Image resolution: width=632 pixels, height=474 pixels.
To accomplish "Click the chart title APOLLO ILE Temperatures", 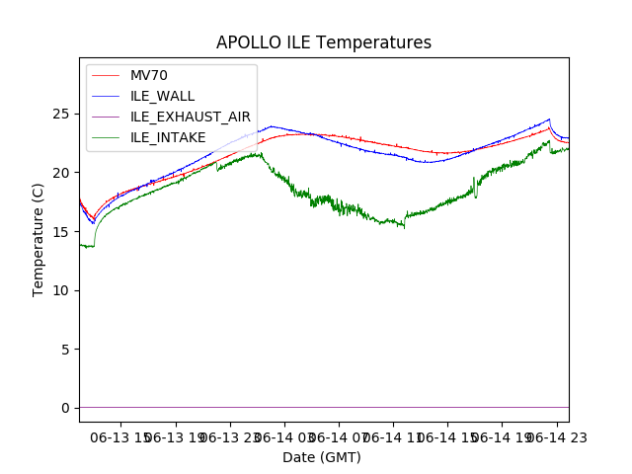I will [324, 43].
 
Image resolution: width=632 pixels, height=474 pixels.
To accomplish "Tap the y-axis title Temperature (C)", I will [39, 239].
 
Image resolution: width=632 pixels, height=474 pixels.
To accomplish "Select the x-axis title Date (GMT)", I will [322, 457].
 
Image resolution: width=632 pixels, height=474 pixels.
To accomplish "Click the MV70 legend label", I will [149, 75].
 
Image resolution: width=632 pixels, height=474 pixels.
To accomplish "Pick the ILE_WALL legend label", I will [163, 96].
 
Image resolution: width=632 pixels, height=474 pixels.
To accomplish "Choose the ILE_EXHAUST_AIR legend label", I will [191, 117].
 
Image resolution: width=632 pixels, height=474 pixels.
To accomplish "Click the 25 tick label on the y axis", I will [62, 115].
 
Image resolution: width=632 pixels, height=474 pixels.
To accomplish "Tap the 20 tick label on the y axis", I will [62, 173].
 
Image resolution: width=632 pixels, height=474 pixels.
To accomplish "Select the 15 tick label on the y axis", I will [62, 232].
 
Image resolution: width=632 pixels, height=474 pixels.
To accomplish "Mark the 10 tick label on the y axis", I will [62, 290].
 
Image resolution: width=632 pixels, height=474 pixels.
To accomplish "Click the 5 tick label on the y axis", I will [66, 350].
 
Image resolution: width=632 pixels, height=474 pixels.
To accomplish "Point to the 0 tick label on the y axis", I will [66, 408].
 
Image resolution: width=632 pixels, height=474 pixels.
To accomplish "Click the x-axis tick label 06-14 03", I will [282, 436].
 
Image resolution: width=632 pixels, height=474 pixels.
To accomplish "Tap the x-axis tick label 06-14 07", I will [338, 436].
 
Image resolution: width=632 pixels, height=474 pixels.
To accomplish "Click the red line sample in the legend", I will [106, 75].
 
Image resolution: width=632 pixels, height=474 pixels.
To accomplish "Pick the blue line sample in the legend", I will [106, 96].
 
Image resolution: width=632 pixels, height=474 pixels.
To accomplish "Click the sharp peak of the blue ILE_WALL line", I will [549, 119].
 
